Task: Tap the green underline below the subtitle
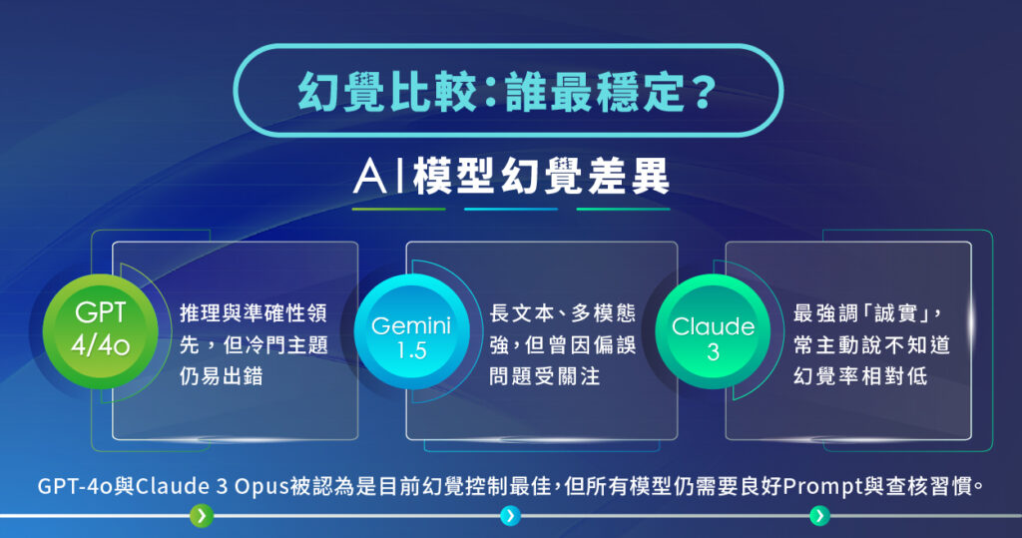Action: coord(398,210)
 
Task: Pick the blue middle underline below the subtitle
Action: coord(511,210)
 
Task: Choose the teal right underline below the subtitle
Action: coord(623,210)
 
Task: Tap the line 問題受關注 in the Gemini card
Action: coord(545,377)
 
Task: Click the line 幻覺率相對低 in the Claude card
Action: coord(857,377)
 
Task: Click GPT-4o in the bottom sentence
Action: coord(71,487)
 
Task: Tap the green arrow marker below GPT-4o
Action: coord(202,516)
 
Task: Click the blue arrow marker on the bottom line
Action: coord(510,516)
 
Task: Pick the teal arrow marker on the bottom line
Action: coord(819,516)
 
